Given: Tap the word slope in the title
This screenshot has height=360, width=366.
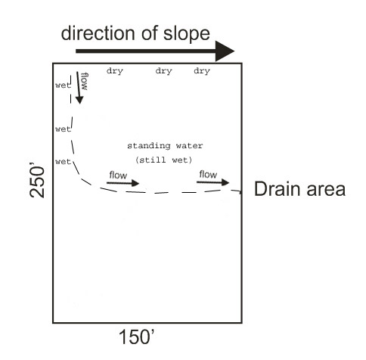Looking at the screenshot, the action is [187, 34].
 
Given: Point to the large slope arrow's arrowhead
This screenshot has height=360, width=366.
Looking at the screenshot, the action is [225, 51].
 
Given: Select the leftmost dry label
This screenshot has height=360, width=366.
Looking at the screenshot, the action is [115, 71].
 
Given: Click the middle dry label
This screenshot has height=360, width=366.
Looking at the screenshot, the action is [163, 71].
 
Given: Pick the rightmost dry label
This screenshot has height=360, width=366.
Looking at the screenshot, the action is [202, 71].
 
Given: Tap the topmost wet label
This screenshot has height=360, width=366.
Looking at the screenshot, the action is [63, 85].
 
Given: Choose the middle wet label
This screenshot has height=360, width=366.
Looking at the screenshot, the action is [63, 129].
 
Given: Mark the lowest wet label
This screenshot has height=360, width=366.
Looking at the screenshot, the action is [63, 161].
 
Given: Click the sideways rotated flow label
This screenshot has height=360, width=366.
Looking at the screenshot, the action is [85, 82].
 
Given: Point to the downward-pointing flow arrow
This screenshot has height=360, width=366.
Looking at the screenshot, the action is [79, 88].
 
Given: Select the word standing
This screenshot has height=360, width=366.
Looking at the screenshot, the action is [149, 146].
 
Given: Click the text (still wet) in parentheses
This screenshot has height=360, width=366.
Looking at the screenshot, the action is [164, 160].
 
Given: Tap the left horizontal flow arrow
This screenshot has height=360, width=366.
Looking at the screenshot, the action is [123, 183].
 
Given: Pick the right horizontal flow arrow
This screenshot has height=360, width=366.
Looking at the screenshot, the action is [213, 182].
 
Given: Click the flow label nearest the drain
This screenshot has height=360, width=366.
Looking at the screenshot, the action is [208, 174].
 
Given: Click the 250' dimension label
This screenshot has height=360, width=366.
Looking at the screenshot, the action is [37, 182].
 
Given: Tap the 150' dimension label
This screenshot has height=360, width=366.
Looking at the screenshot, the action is [136, 337].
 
